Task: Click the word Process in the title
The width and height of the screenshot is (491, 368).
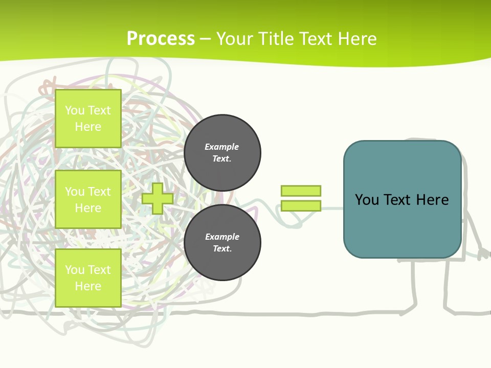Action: click(x=161, y=38)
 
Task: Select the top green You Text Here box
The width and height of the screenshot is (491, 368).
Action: click(x=88, y=119)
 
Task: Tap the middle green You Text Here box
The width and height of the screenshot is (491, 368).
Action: click(x=88, y=199)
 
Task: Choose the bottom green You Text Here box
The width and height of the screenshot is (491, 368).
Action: click(x=88, y=278)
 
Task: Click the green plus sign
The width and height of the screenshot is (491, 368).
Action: click(x=158, y=198)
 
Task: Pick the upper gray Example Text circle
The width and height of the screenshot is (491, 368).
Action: click(x=222, y=152)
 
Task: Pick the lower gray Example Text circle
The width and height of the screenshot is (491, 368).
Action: click(x=222, y=242)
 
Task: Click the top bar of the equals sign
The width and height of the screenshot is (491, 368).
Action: click(x=301, y=191)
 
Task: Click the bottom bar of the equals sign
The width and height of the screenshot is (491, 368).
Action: click(x=301, y=205)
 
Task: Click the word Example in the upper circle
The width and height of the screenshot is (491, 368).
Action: click(x=222, y=147)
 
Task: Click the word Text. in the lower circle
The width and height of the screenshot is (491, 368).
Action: click(x=222, y=248)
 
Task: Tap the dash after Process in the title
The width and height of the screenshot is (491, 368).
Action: click(x=206, y=39)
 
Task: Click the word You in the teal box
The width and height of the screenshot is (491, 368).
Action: click(x=367, y=199)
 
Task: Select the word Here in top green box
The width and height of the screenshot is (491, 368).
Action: click(x=88, y=127)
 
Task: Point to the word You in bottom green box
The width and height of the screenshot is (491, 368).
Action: click(x=75, y=270)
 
